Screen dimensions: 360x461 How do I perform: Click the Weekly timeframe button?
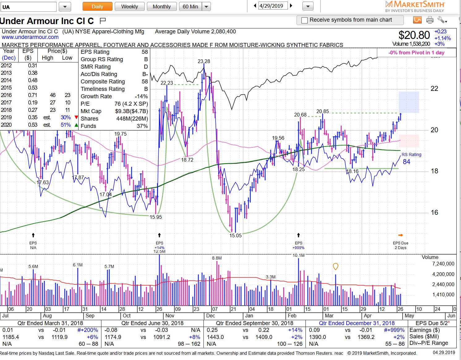click(x=129, y=6)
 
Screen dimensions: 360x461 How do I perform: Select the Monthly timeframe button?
click(x=161, y=6)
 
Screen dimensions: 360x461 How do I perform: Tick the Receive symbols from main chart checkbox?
click(x=305, y=20)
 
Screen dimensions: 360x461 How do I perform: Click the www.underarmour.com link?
click(x=30, y=37)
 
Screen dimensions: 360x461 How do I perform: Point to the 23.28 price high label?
click(x=204, y=61)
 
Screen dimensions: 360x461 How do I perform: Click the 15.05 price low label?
click(x=235, y=235)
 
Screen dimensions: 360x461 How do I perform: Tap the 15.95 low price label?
click(x=156, y=217)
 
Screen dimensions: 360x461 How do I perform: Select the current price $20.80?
click(x=414, y=35)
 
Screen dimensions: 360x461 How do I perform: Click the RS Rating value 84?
click(x=406, y=162)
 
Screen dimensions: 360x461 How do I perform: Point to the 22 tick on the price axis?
click(x=434, y=89)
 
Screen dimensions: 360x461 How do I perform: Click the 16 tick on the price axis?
click(x=434, y=212)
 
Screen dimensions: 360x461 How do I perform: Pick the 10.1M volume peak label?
click(x=298, y=255)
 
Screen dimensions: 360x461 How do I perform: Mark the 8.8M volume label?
click(x=217, y=258)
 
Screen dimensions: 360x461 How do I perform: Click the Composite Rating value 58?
click(x=145, y=82)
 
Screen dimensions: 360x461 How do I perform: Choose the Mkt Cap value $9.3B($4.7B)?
click(x=131, y=111)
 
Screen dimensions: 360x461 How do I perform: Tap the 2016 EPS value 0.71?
click(x=32, y=95)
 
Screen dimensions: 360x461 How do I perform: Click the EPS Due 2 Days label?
click(x=400, y=245)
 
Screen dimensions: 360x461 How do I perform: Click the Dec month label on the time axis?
click(x=211, y=316)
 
